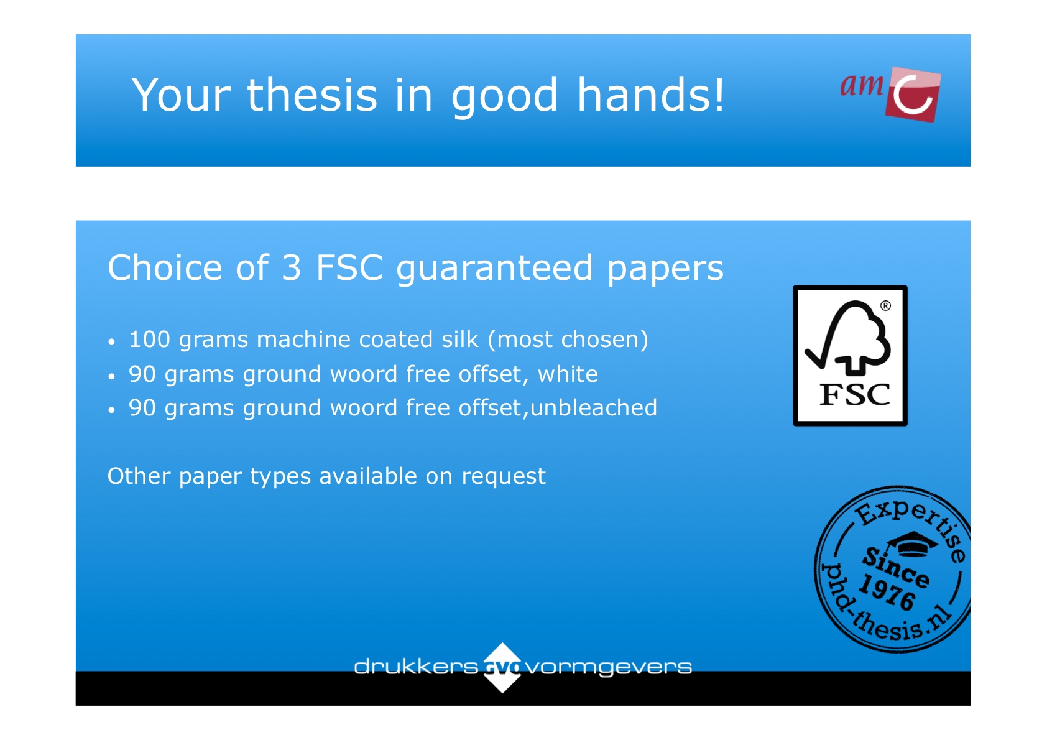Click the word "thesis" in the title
click(311, 95)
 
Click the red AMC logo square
click(912, 95)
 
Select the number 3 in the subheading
click(291, 268)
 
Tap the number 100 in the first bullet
click(150, 340)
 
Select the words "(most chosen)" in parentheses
click(568, 340)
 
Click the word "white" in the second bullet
click(568, 374)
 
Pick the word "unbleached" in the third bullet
click(594, 407)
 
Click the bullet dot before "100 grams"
click(111, 342)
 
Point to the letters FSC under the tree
click(855, 395)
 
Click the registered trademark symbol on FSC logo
click(885, 306)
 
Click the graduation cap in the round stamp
click(912, 544)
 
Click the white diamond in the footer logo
click(502, 667)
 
